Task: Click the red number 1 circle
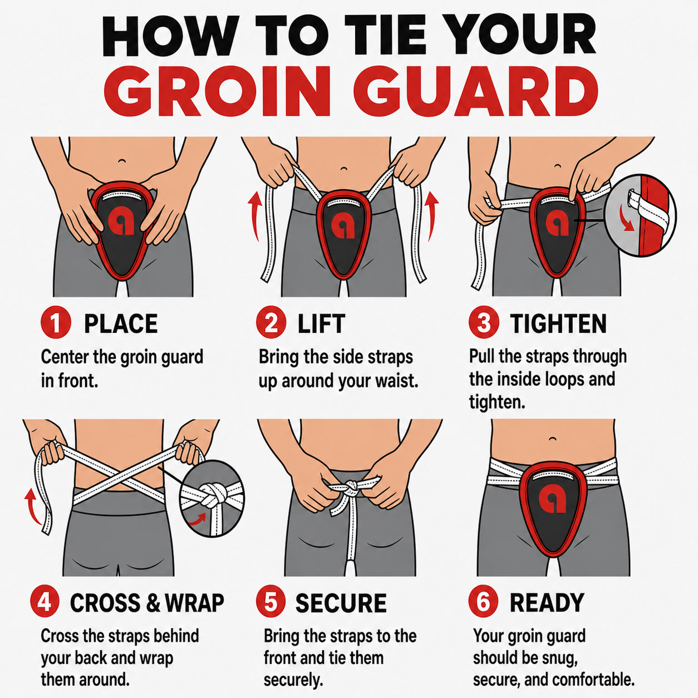[x=56, y=323]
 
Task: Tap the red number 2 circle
[x=271, y=323]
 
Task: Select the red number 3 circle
[x=484, y=323]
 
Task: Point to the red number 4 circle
[x=45, y=603]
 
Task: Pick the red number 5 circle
[x=271, y=603]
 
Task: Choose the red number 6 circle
[x=483, y=602]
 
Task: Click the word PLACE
[x=121, y=324]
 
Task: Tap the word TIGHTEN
[x=558, y=323]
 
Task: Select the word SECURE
[x=341, y=603]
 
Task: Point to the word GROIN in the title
[x=217, y=91]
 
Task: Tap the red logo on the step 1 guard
[x=121, y=224]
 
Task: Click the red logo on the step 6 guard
[x=552, y=500]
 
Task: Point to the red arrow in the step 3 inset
[x=626, y=218]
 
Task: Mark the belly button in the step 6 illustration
[x=553, y=439]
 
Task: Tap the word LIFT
[x=321, y=324]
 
